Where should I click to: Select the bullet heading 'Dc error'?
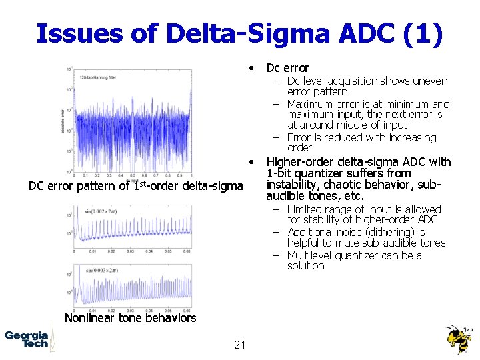pyautogui.click(x=287, y=68)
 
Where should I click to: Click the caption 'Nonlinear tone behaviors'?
pyautogui.click(x=130, y=318)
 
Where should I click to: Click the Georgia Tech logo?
pyautogui.click(x=27, y=339)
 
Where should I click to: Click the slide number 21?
pyautogui.click(x=241, y=345)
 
